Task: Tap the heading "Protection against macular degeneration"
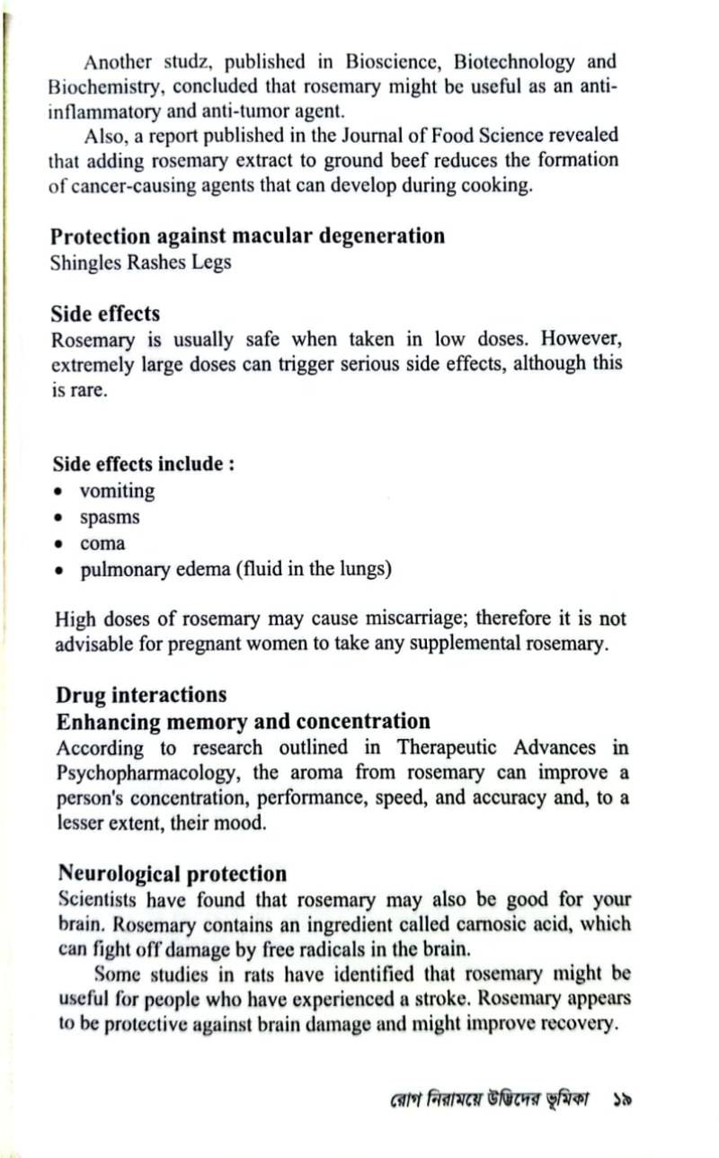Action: tap(247, 236)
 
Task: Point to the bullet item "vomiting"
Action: tap(117, 492)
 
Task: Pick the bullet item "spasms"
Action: tap(110, 518)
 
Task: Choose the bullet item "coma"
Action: tap(102, 544)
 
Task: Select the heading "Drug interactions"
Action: tap(141, 695)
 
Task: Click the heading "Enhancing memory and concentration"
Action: tap(244, 722)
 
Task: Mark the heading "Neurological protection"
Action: tap(173, 874)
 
